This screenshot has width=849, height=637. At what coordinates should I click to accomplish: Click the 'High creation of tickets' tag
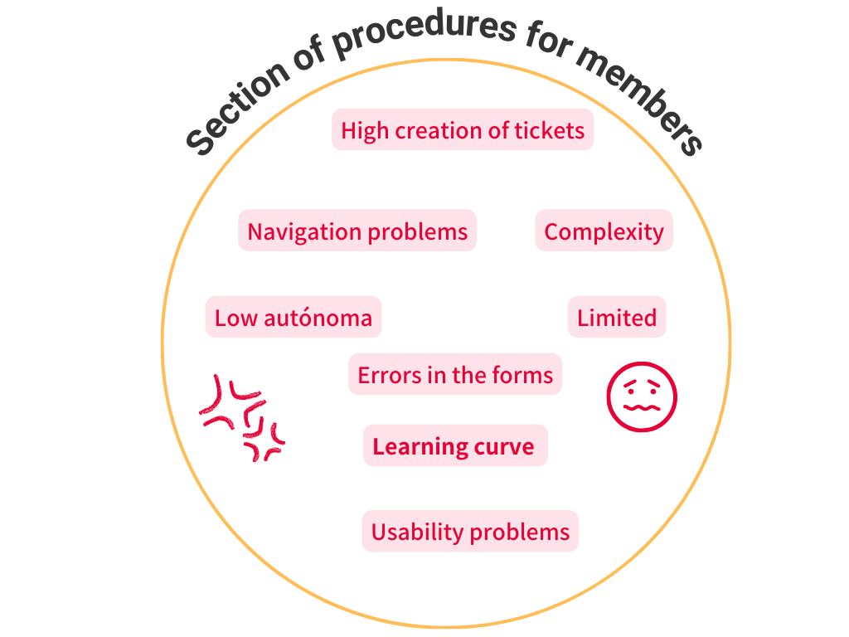click(463, 130)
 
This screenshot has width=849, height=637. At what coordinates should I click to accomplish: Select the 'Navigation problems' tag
click(357, 231)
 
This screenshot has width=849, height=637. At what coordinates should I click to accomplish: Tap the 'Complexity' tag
click(604, 231)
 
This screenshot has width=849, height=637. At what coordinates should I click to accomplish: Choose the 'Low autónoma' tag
click(294, 318)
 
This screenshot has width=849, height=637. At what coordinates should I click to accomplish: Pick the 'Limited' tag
click(617, 318)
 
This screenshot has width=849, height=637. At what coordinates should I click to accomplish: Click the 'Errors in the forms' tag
click(455, 375)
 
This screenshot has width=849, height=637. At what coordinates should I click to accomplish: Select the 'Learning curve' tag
click(454, 446)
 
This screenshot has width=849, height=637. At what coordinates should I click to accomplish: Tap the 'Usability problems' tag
click(470, 532)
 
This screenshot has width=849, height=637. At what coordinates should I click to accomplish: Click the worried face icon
click(642, 396)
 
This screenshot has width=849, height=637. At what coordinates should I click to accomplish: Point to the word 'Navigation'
click(304, 231)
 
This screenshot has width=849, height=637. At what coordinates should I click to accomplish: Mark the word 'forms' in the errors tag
click(525, 375)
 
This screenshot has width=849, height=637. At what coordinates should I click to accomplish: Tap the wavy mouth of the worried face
click(642, 407)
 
